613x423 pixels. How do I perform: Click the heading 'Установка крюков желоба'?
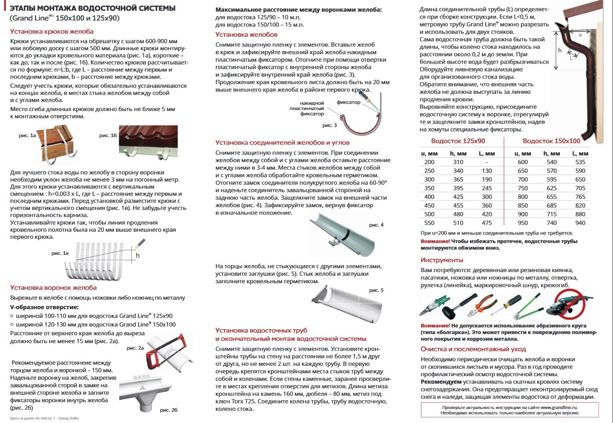(x=52, y=32)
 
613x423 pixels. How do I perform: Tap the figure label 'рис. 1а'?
(x=27, y=136)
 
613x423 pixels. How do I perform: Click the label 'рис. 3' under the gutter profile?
(x=329, y=125)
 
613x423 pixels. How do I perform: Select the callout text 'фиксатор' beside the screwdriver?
(x=348, y=102)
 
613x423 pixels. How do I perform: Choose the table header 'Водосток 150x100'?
(x=551, y=141)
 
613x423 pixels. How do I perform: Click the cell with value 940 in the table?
(x=580, y=223)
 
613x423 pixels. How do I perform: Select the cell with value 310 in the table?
(x=458, y=162)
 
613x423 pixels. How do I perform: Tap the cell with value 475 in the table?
(x=487, y=223)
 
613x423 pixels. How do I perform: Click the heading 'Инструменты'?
(x=442, y=260)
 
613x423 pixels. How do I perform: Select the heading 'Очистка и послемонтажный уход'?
(x=473, y=349)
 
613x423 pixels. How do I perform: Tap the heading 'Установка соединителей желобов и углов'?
(x=282, y=143)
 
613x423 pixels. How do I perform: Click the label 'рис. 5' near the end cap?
(x=376, y=290)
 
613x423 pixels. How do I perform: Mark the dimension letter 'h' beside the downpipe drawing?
(x=560, y=51)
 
